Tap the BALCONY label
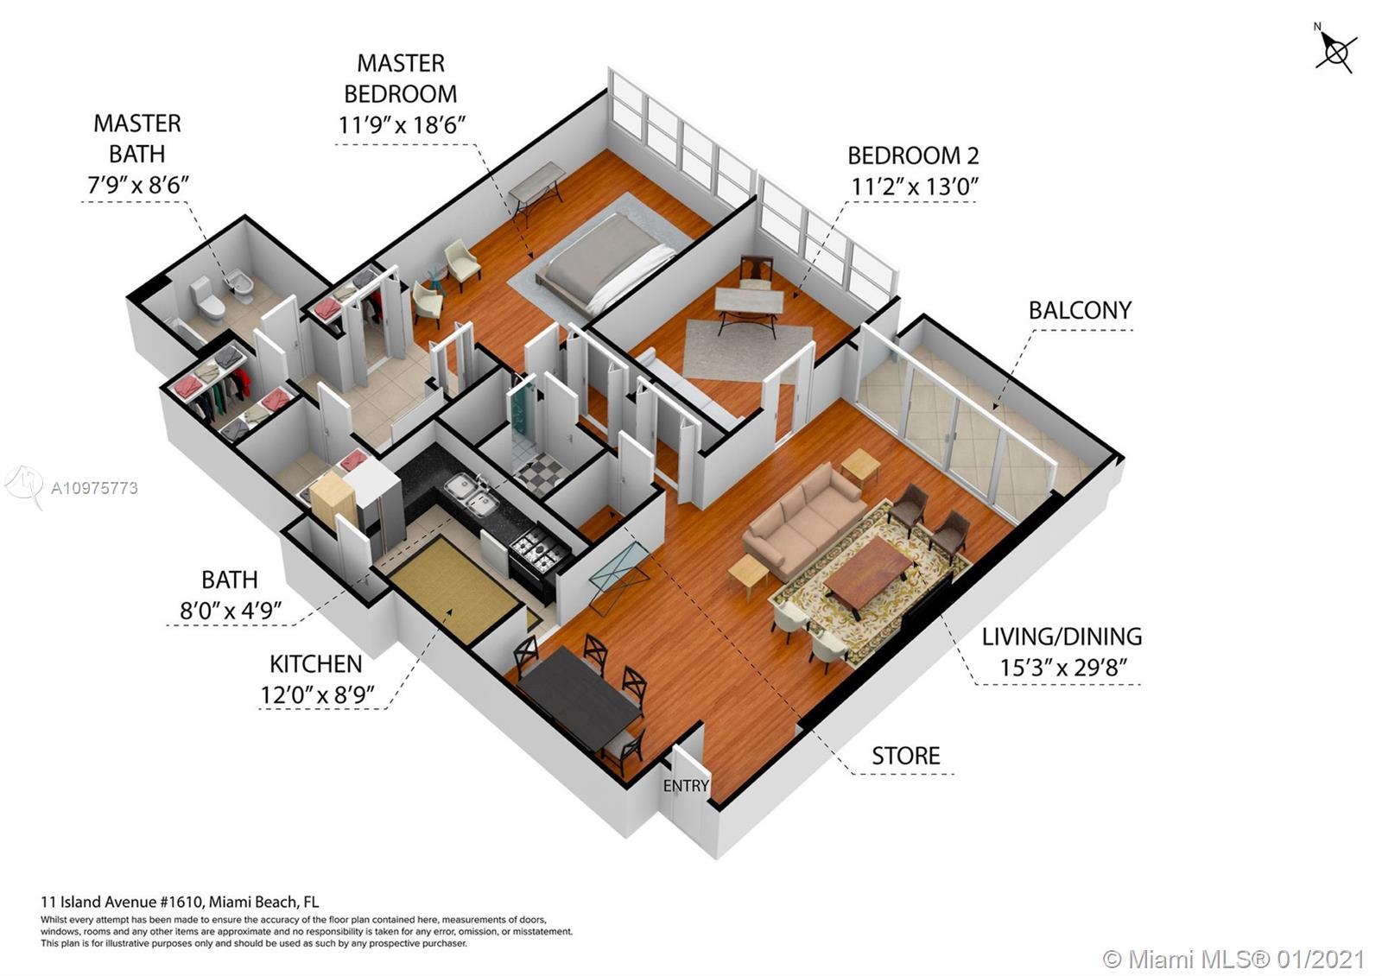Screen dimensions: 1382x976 (x=1080, y=310)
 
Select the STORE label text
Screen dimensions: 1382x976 (x=906, y=756)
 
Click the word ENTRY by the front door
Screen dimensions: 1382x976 (x=686, y=785)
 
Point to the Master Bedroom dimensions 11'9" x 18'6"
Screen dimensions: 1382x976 (x=401, y=125)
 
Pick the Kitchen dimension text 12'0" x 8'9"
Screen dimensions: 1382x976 (x=317, y=695)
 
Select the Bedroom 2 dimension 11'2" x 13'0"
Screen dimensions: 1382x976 (x=915, y=187)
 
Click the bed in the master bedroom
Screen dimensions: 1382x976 (x=605, y=263)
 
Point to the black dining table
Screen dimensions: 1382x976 (x=579, y=697)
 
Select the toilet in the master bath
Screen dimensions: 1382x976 (x=207, y=300)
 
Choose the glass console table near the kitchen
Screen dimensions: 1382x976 (x=618, y=577)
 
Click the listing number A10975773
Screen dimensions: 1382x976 (x=94, y=489)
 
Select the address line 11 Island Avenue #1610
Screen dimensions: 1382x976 (x=122, y=902)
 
